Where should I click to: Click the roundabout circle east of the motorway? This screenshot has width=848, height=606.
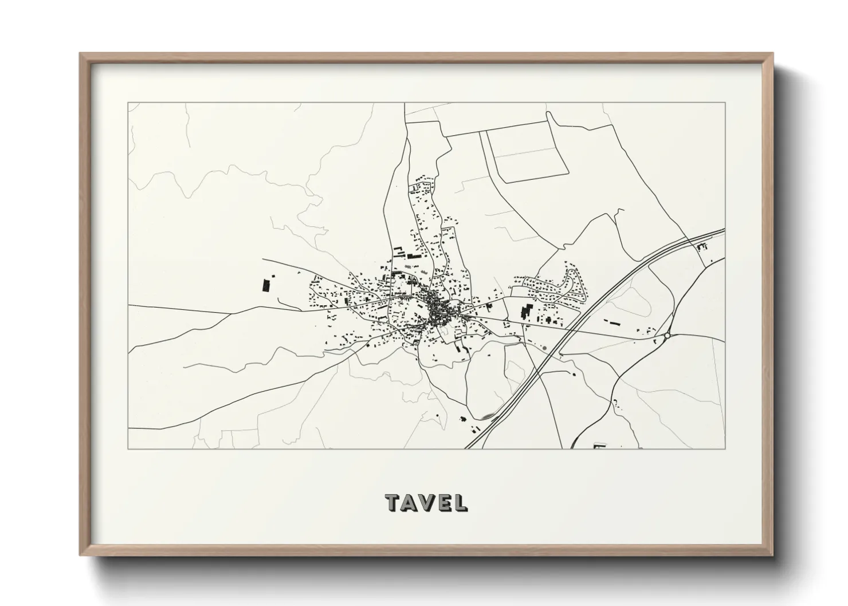667,336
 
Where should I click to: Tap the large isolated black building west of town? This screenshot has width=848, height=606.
265,285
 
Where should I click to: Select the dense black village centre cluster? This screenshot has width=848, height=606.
438,309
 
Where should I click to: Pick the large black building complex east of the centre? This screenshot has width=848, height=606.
524,313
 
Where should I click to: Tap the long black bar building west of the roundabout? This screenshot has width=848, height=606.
614,323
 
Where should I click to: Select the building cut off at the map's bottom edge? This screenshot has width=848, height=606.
600,446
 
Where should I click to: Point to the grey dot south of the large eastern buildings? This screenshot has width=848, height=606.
543,347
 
